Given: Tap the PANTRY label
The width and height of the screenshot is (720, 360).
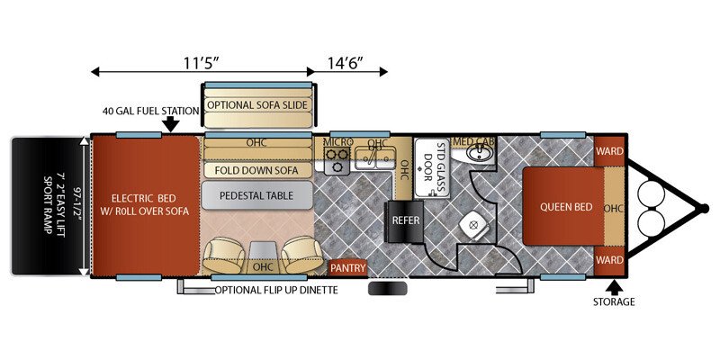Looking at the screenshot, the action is (348, 267).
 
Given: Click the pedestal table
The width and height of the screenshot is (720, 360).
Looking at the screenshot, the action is (256, 195).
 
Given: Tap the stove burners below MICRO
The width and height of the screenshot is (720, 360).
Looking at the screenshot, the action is (337, 160).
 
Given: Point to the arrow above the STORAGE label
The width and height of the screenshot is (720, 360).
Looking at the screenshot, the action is (614, 287).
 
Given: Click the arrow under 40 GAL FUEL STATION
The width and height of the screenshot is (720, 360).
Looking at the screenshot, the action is (171, 124).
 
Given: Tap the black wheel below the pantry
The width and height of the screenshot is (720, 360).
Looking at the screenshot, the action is (388, 289).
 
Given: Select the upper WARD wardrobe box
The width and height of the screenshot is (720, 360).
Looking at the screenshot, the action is (609, 151).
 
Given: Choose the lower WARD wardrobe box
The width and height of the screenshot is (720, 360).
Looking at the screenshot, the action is (609, 260).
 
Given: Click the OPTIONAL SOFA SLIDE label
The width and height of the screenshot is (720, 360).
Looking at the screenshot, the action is (257, 104).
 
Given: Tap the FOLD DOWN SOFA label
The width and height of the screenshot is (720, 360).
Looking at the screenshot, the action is (256, 170).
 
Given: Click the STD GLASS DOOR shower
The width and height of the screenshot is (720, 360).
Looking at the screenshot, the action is (432, 167).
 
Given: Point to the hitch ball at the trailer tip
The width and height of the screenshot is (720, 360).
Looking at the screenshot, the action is (703, 208).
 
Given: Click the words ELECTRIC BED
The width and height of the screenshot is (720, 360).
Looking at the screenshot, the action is (144, 198).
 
